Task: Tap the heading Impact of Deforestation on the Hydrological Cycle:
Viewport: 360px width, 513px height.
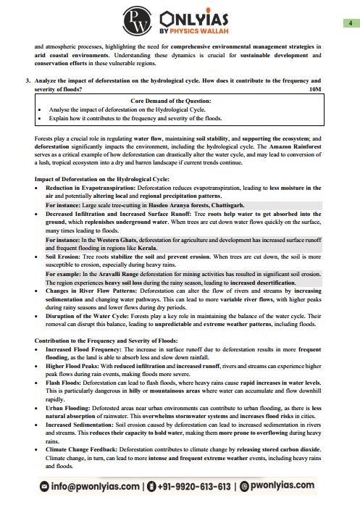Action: (x=101, y=179)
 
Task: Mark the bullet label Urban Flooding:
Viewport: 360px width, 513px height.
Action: (x=70, y=407)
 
